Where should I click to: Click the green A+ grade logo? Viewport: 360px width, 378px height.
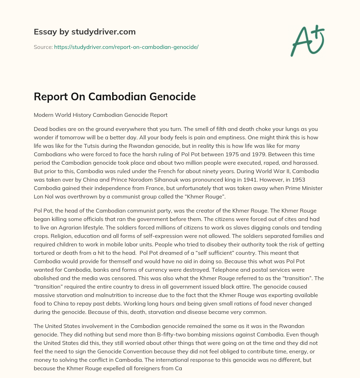pyautogui.click(x=307, y=40)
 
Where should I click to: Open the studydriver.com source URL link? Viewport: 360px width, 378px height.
pyautogui.click(x=126, y=47)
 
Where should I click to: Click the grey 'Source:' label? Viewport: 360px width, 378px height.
pyautogui.click(x=43, y=47)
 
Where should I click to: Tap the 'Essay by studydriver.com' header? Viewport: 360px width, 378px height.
pyautogui.click(x=84, y=32)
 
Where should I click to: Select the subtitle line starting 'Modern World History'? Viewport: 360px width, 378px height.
pyautogui.click(x=101, y=115)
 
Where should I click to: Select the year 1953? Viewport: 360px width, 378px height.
pyautogui.click(x=314, y=179)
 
